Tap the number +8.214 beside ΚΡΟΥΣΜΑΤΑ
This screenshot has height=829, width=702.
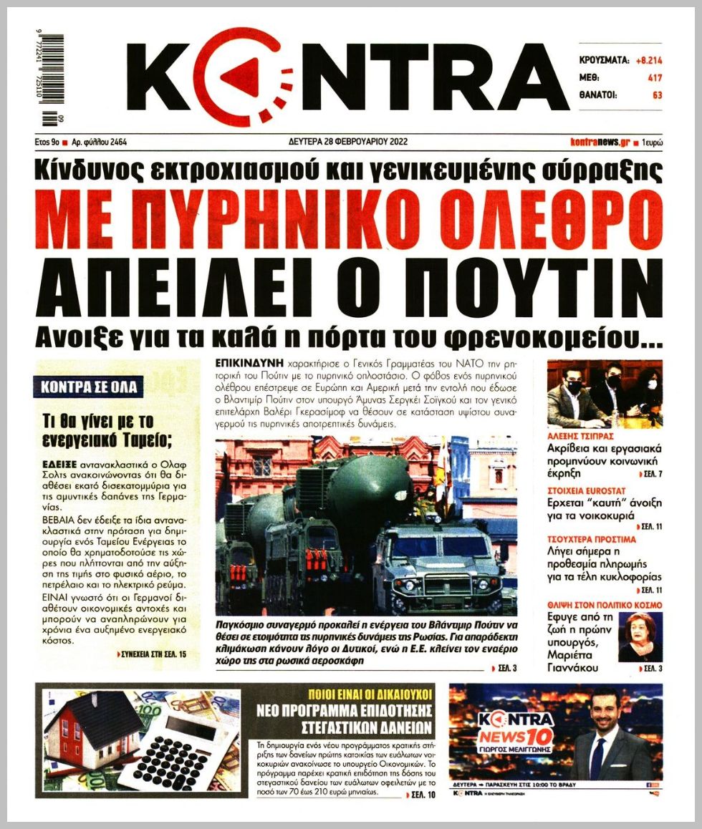648,61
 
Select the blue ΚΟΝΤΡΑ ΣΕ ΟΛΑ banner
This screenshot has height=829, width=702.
90,388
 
